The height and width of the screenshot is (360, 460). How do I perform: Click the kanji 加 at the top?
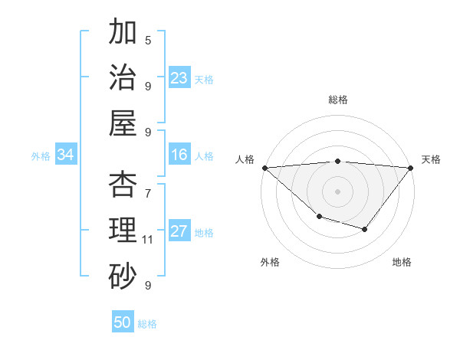[123, 32]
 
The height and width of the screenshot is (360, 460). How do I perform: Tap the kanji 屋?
[123, 123]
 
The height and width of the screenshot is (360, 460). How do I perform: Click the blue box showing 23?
[179, 78]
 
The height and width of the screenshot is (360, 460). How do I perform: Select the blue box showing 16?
[179, 155]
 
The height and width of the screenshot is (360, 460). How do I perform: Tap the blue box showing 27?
[179, 232]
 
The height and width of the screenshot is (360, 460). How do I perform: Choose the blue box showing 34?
[65, 155]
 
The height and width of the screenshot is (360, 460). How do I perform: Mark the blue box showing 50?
[123, 322]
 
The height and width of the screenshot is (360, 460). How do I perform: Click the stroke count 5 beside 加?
[148, 40]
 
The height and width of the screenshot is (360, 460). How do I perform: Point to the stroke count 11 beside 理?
[148, 240]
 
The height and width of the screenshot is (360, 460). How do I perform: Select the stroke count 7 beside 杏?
[148, 185]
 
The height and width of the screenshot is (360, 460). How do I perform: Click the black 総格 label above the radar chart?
[338, 100]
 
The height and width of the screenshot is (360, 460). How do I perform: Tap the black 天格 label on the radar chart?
[432, 159]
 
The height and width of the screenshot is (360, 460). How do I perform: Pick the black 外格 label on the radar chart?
[270, 262]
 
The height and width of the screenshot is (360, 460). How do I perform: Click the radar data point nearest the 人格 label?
[264, 167]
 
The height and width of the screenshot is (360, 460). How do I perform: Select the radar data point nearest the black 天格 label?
[411, 167]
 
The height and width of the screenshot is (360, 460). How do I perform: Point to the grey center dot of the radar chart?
[338, 191]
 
